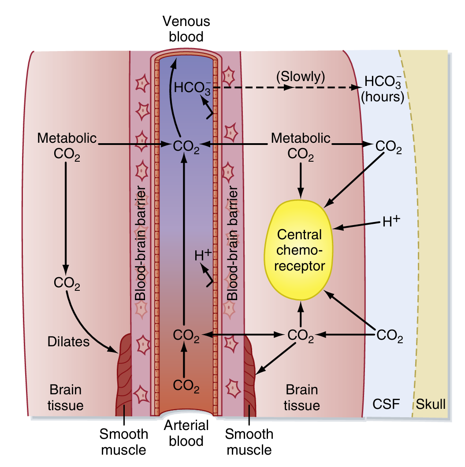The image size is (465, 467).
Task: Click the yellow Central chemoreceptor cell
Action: (x=298, y=249)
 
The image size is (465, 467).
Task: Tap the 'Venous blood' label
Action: (x=186, y=30)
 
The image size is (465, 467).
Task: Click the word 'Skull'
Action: (x=431, y=404)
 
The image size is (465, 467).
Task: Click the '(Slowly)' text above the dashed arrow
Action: (x=301, y=77)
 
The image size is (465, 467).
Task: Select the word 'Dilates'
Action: (x=68, y=341)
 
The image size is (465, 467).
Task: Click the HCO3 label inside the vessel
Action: (x=192, y=87)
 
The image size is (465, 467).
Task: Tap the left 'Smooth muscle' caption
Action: (x=123, y=442)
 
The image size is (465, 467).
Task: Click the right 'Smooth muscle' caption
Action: (x=249, y=442)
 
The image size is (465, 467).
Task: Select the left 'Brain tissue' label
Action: (x=66, y=397)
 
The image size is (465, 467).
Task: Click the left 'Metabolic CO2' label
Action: (x=67, y=146)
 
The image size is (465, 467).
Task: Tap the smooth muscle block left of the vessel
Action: (x=124, y=379)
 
